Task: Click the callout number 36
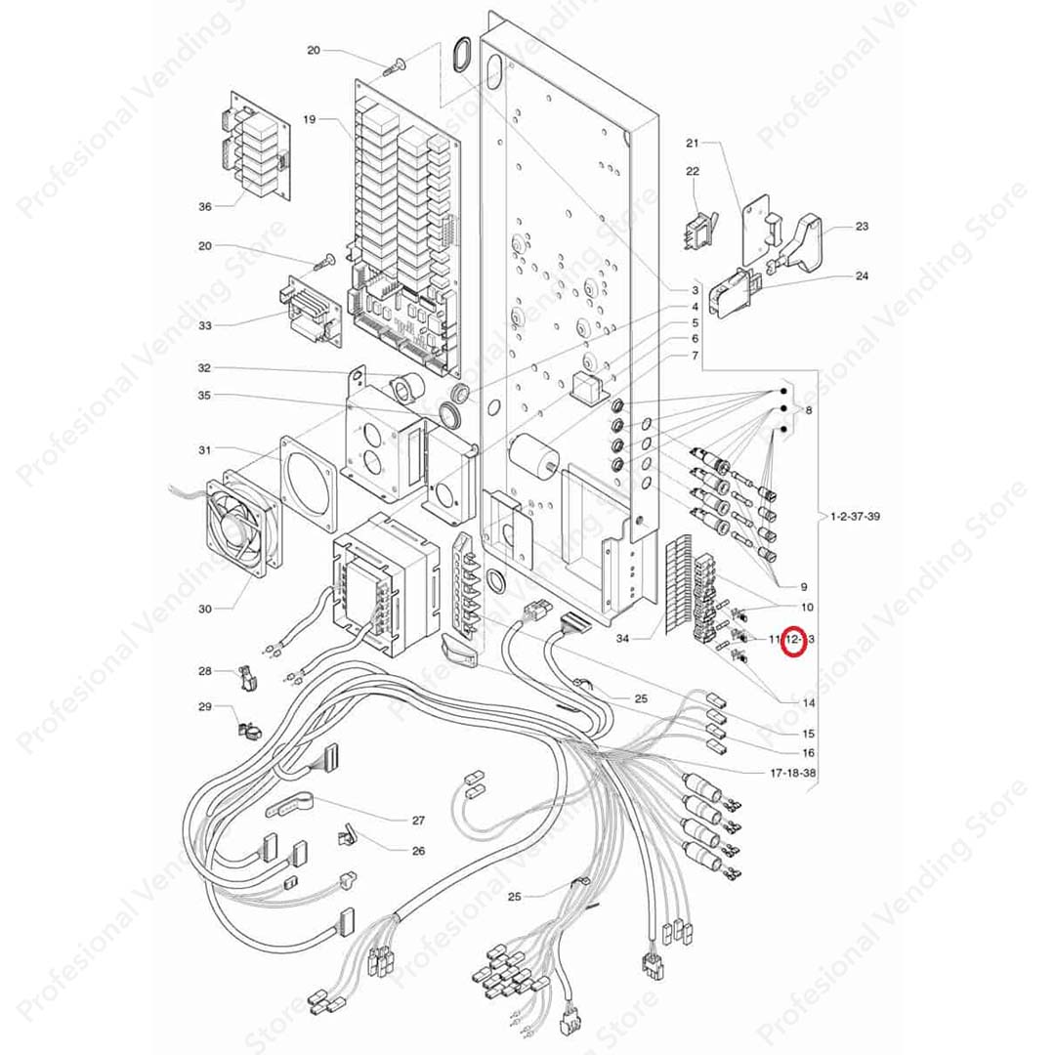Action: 204,207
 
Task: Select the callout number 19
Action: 309,119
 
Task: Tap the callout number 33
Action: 204,324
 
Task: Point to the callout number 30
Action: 204,609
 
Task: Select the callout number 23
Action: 862,227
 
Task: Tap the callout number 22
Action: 693,172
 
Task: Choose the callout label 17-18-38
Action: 793,772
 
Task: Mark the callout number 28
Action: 204,671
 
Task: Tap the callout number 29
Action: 204,705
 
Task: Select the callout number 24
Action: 862,276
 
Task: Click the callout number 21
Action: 693,144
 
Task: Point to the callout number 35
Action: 204,396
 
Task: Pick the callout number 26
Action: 418,851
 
